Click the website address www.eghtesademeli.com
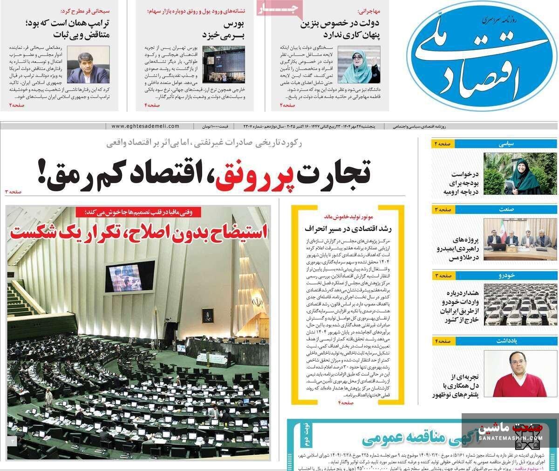coord(145,126)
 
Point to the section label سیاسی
coord(506,144)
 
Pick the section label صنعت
coord(506,210)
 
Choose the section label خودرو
coord(505,276)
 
